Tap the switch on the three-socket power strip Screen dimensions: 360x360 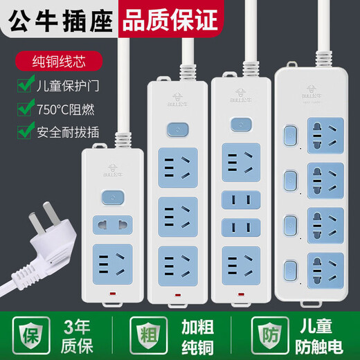(173, 130)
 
